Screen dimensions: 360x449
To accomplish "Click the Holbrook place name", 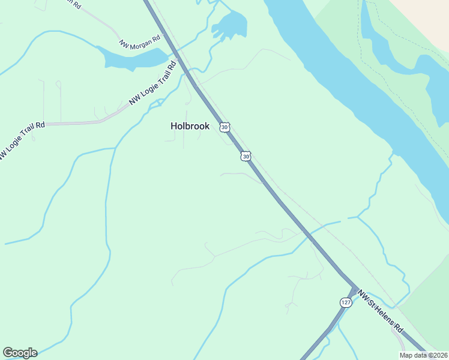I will click(x=190, y=126).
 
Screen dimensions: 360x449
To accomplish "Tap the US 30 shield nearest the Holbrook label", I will click(x=224, y=127).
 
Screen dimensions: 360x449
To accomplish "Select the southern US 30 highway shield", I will click(x=246, y=156).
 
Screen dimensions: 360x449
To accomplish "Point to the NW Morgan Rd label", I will click(x=140, y=41).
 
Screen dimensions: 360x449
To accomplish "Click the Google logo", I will click(x=20, y=353).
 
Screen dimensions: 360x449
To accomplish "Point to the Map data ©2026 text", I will click(x=424, y=355).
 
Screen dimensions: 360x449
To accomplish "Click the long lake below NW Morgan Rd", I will click(x=129, y=58).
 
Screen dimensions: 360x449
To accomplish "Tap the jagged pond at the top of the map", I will click(x=229, y=25).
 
